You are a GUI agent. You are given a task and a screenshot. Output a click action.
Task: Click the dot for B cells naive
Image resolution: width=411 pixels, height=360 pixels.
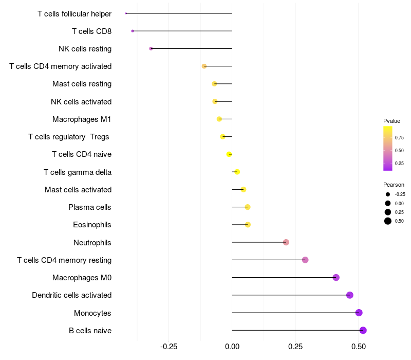pos(363,330)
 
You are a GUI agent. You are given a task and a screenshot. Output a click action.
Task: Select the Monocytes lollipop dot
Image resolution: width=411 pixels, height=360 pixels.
pos(359,313)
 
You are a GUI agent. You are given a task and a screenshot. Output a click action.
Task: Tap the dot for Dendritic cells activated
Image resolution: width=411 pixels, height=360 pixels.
pos(350,295)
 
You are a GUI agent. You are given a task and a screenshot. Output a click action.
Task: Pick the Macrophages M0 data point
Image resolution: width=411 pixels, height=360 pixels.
pos(336,278)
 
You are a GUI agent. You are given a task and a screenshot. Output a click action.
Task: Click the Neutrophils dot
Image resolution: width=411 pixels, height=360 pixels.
pos(286,242)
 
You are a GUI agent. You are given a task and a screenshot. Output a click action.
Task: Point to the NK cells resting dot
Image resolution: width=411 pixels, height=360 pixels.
pos(151,48)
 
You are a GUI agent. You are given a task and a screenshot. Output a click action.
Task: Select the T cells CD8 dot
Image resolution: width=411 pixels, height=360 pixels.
pos(133,31)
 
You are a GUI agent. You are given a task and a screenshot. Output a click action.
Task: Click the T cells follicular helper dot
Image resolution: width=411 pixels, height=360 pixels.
pos(126,13)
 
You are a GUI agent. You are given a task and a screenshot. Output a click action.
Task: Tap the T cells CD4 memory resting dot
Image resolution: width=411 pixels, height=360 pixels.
pos(305,260)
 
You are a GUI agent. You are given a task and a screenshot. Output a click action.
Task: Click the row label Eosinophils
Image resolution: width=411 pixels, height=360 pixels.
pos(92,225)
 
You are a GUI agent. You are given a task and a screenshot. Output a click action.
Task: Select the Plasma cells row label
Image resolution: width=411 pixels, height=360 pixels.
pos(90,207)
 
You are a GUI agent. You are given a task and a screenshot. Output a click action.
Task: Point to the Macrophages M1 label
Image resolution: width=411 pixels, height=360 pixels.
pos(82,119)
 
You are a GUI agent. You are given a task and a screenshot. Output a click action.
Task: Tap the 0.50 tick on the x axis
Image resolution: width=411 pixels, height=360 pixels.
pos(359,347)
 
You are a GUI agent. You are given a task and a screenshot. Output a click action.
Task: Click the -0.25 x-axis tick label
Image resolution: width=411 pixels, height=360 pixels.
pos(169,347)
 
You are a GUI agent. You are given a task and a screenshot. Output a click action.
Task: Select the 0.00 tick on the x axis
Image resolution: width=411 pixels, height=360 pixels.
pos(232,347)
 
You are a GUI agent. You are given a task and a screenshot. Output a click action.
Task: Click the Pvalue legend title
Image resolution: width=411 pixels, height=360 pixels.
pos(391,121)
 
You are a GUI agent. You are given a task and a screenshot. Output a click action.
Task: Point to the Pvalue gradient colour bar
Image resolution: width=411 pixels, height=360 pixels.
pos(388,148)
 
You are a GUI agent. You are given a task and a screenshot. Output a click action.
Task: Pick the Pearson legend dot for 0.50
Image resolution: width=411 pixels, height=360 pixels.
pos(388,221)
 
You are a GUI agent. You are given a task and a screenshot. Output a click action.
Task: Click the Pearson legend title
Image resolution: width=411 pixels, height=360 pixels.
pos(394,185)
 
